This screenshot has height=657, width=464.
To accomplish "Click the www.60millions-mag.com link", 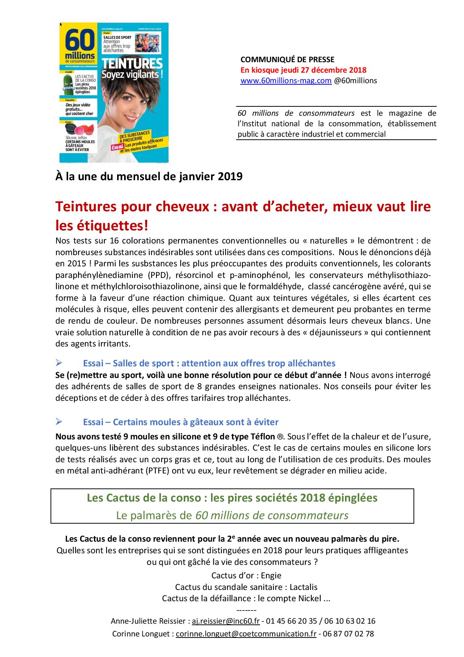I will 286,81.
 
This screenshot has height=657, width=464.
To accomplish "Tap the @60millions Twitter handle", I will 355,81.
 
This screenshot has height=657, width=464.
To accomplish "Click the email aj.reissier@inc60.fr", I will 226,621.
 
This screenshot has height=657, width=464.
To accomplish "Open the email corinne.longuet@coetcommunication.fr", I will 246,634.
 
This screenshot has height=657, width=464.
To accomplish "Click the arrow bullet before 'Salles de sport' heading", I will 58,363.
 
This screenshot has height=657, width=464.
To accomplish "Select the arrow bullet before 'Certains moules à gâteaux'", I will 58,422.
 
